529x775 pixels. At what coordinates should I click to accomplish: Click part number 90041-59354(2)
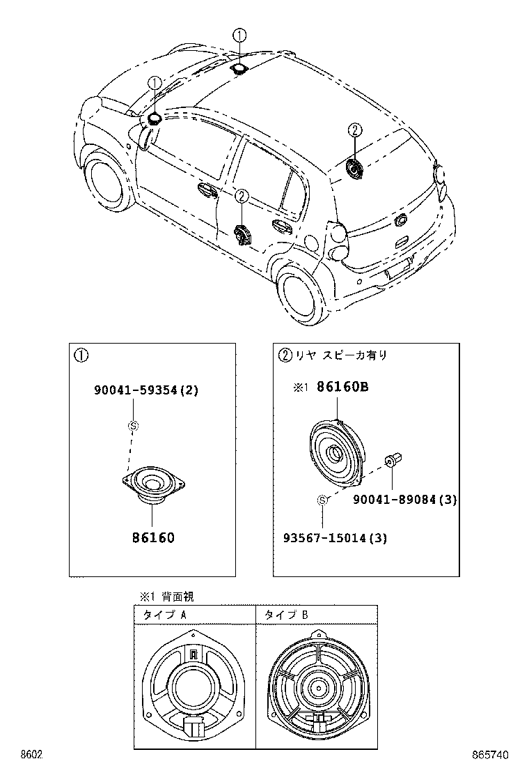tap(146, 390)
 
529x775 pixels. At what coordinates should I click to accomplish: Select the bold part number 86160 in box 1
tap(152, 537)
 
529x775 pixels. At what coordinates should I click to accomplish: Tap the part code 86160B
tap(342, 387)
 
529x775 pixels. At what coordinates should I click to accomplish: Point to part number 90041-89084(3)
tap(404, 500)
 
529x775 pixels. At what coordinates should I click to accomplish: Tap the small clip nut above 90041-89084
tap(393, 461)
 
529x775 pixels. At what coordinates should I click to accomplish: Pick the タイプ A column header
tap(164, 615)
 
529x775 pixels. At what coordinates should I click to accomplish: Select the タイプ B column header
tap(286, 615)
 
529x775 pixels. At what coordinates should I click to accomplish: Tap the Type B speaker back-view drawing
tap(317, 687)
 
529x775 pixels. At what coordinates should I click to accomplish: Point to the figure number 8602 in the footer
tap(31, 755)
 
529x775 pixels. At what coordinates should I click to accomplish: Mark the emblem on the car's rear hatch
tap(401, 220)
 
